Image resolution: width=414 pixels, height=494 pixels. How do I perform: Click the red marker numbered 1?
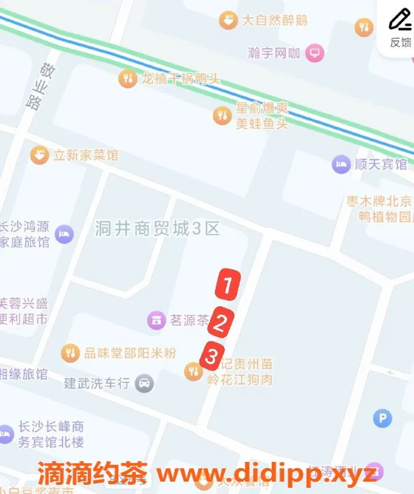coord(227,285)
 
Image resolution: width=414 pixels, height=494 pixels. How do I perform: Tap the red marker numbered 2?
coord(221,321)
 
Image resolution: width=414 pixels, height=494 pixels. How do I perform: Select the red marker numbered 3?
coord(211,356)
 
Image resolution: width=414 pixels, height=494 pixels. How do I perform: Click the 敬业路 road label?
coord(38,86)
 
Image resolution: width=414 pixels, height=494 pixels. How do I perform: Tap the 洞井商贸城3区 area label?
coord(158,229)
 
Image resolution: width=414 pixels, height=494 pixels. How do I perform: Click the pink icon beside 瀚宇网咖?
coord(315,52)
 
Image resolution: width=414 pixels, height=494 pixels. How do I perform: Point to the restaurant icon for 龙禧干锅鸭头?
coord(127,78)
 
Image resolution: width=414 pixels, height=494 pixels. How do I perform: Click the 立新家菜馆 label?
coord(85,155)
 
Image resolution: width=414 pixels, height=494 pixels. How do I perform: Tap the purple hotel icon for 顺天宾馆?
coord(341,164)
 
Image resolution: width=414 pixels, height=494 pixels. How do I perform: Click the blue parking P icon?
coord(382,419)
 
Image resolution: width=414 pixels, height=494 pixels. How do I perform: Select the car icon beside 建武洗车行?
coord(145,383)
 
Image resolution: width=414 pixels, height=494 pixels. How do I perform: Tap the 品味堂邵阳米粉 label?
coord(130,353)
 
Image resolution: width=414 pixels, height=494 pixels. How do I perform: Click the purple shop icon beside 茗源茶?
coord(156,320)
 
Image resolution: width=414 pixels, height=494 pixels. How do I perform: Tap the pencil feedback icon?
coord(400,20)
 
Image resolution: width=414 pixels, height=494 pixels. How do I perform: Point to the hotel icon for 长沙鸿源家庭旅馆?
coord(64,234)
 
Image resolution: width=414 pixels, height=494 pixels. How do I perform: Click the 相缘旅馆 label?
coord(23,374)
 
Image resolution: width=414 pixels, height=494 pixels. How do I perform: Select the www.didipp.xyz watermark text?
coord(266,474)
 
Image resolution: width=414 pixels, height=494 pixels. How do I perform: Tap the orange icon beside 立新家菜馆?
coord(40,155)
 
